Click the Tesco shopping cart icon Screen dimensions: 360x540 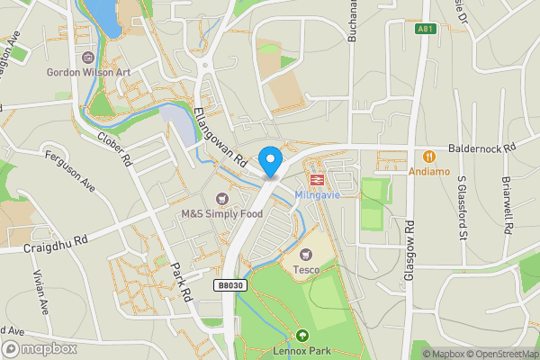pyautogui.click(x=307, y=255)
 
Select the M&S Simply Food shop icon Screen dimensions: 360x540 pyautogui.click(x=222, y=198)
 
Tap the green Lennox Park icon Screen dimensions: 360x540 pyautogui.click(x=301, y=336)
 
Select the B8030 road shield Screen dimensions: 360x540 pyautogui.click(x=229, y=284)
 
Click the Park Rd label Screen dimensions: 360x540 pyautogui.click(x=184, y=283)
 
